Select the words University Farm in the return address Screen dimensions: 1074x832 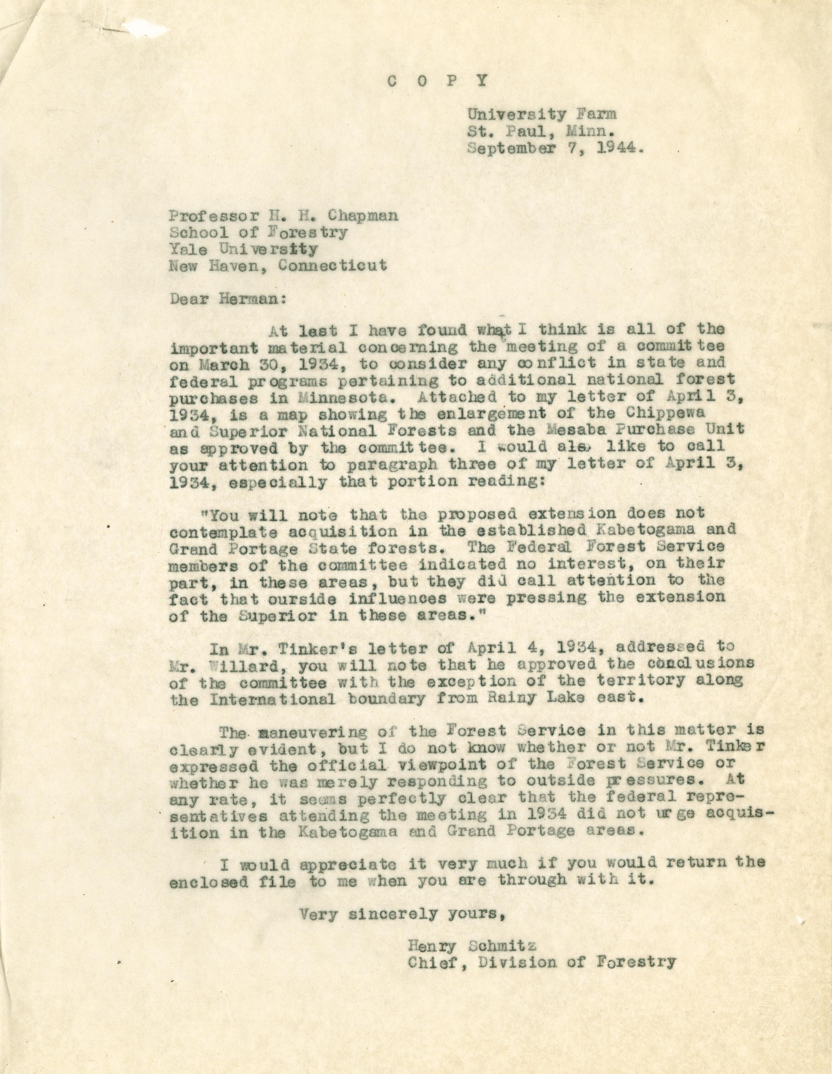click(541, 115)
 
